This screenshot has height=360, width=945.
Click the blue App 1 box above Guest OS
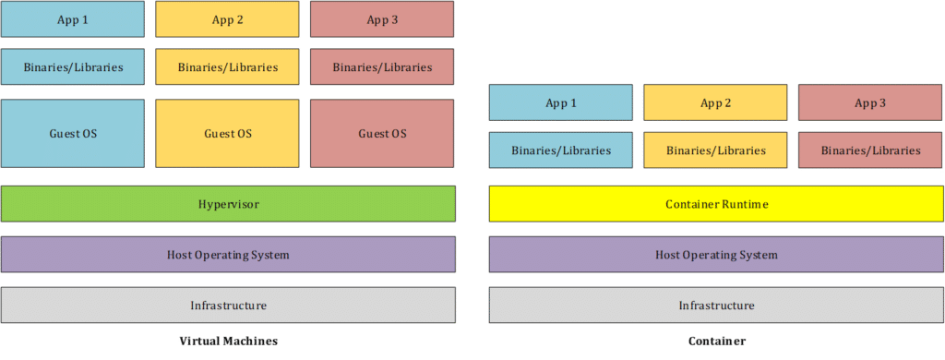tap(73, 19)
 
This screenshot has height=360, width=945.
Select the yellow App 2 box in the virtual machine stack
tap(227, 19)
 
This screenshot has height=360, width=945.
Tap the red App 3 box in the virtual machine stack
tap(382, 19)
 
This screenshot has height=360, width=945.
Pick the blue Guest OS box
tap(73, 134)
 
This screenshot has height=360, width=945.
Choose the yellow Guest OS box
tap(227, 134)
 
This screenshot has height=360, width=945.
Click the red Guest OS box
tap(382, 134)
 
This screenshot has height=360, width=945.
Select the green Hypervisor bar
tap(228, 204)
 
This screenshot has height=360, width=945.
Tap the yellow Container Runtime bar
tap(716, 204)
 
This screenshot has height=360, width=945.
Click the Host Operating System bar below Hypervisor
tap(228, 255)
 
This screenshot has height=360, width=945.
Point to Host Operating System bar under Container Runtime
tap(716, 255)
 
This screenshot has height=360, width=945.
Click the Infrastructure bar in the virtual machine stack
tap(228, 305)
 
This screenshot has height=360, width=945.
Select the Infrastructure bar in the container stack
tap(716, 305)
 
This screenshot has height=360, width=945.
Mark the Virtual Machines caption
tap(228, 341)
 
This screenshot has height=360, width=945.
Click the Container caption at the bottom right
tap(716, 341)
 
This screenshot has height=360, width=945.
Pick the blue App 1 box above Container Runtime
tap(561, 102)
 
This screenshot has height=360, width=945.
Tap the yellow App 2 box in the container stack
tap(715, 102)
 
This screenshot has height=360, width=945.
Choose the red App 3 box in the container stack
tap(870, 102)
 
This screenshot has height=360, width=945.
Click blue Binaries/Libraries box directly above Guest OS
tap(73, 67)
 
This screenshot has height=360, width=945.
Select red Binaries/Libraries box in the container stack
tap(870, 150)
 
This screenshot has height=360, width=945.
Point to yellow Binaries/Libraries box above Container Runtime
tap(715, 150)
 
